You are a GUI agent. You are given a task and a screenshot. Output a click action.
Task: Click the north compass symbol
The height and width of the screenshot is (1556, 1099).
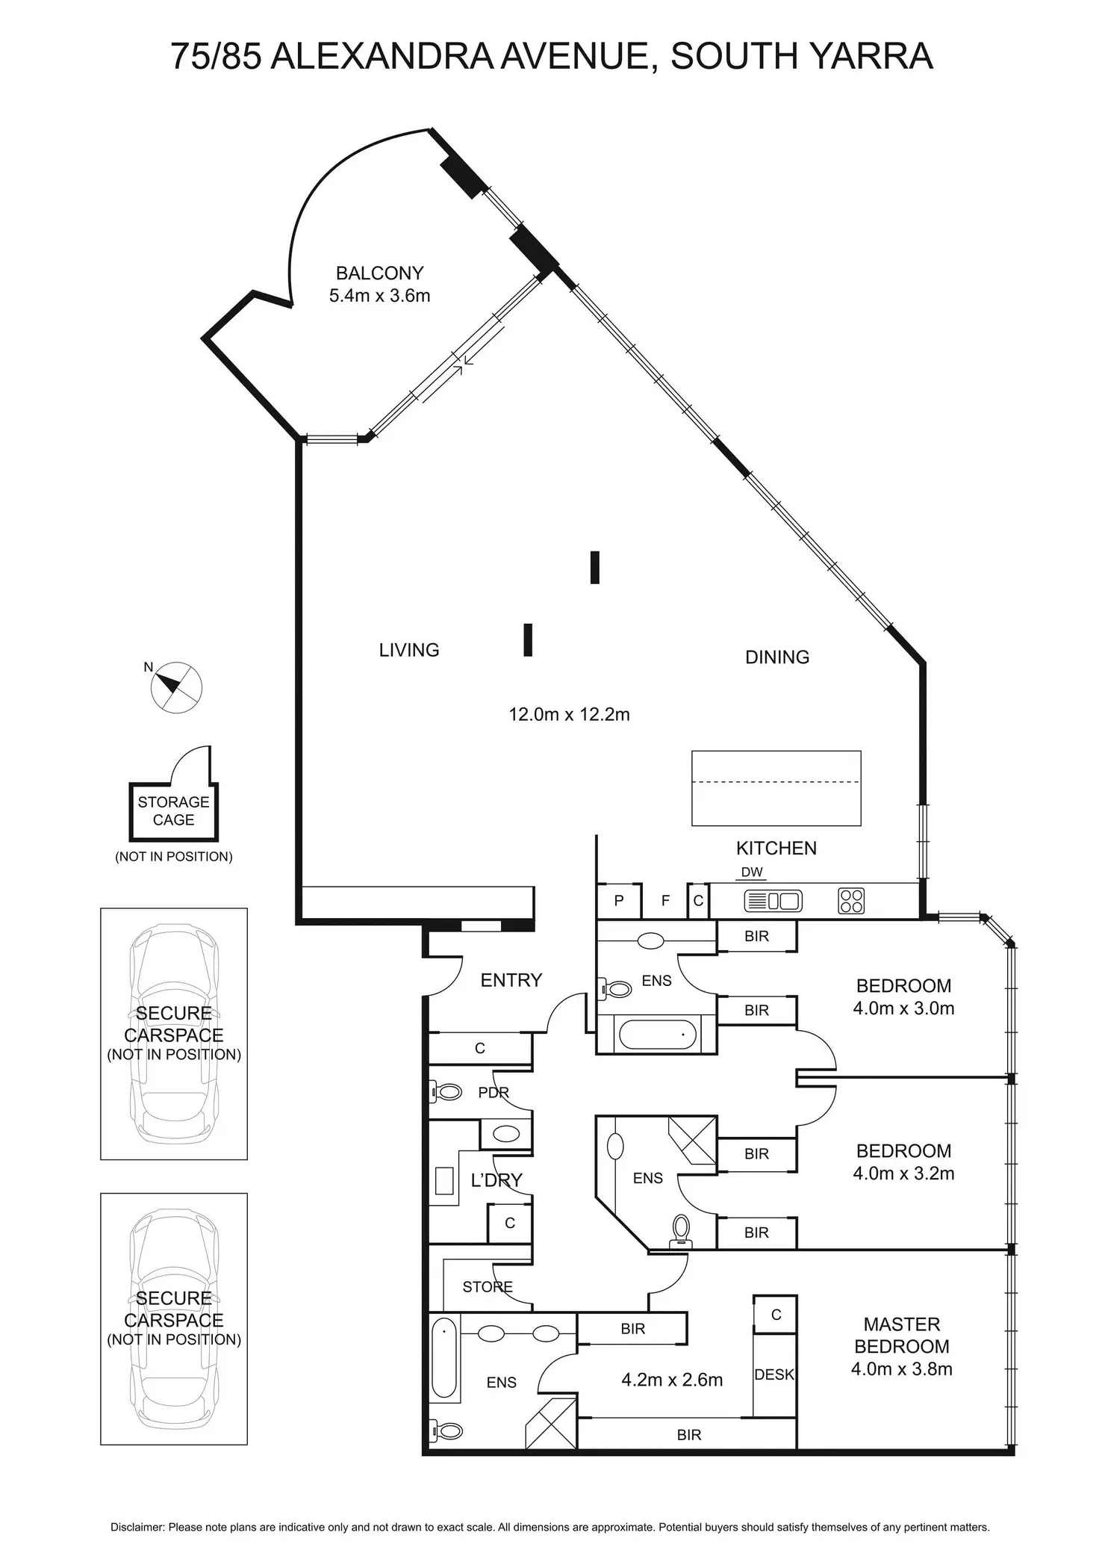[x=176, y=686]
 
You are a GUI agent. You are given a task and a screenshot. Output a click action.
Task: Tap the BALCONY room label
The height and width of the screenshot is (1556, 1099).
[x=379, y=273]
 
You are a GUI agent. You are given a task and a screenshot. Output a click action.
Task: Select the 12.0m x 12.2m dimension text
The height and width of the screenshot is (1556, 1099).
[x=569, y=715]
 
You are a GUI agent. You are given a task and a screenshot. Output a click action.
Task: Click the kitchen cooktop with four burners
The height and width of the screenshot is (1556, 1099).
[x=852, y=901]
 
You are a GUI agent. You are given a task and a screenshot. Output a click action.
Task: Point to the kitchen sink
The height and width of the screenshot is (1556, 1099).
[x=773, y=901]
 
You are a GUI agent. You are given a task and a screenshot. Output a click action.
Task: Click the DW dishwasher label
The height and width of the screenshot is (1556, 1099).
[x=752, y=872]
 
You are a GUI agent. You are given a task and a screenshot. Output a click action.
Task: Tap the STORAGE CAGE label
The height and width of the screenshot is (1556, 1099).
[x=173, y=811]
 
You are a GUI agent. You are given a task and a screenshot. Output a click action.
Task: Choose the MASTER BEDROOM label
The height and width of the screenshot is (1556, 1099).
[x=902, y=1336]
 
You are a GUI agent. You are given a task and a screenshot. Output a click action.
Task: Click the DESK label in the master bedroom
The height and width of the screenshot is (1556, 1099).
[x=774, y=1374]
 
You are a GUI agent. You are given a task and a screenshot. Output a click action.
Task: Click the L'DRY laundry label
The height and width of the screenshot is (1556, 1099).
[x=496, y=1180]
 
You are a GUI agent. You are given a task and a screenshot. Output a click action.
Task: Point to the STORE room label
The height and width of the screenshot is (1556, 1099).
[x=487, y=1287]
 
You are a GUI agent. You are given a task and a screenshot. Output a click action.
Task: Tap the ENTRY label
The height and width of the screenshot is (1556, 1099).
[x=511, y=980]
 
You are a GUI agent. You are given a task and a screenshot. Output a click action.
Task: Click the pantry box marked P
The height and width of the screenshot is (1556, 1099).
[x=619, y=901]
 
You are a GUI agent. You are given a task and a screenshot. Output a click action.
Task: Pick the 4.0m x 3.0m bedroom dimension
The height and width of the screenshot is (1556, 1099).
[x=903, y=1008]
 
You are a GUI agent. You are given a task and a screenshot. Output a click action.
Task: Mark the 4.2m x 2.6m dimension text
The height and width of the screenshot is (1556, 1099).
[x=672, y=1380]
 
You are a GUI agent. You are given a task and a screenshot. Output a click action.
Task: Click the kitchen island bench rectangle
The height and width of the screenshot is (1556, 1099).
[x=776, y=788]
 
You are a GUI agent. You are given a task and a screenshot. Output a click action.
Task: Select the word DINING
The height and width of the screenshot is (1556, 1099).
[x=777, y=657]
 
